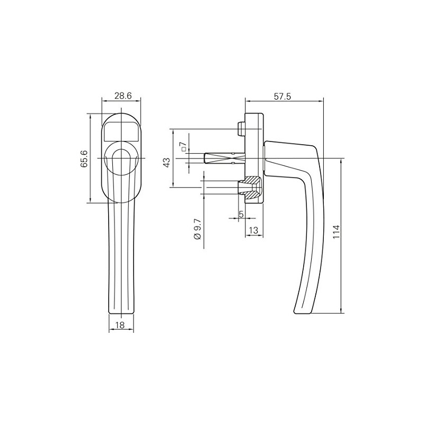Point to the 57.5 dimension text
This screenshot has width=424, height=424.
[284, 96]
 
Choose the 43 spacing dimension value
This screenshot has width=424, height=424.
[166, 162]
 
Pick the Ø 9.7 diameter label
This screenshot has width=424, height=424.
[197, 229]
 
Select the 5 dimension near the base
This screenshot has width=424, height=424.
[241, 214]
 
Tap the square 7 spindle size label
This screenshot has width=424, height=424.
[183, 147]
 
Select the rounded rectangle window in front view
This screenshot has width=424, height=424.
[121, 130]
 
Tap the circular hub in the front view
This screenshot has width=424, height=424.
[121, 158]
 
